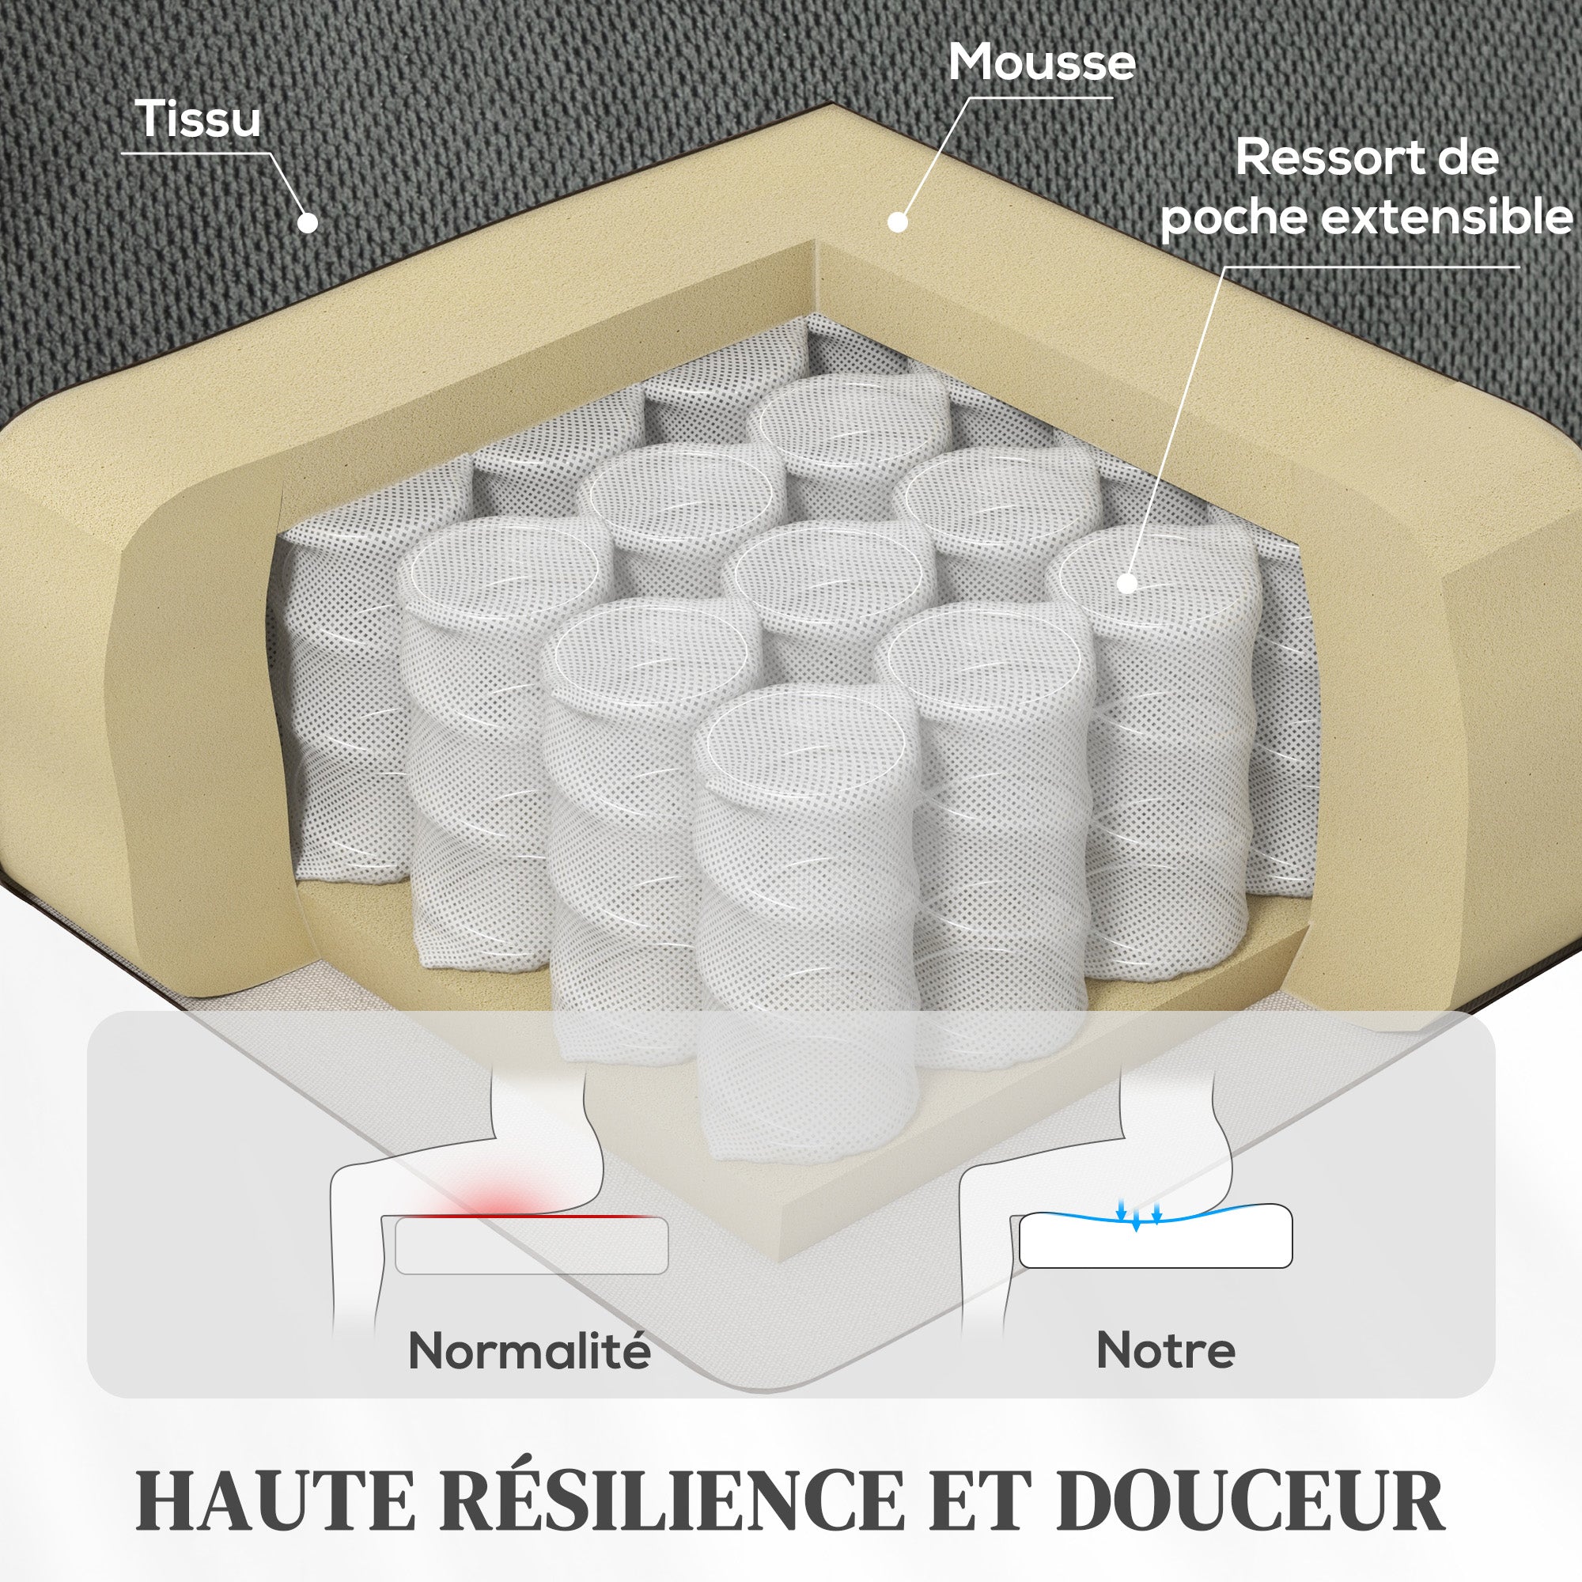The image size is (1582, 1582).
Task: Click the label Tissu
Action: click(x=199, y=119)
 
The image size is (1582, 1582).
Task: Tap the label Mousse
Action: click(x=1042, y=62)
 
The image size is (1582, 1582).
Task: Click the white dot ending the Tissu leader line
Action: click(x=308, y=222)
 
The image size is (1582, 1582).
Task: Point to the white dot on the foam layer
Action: click(x=899, y=222)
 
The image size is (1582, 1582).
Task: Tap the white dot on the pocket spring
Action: click(x=1127, y=583)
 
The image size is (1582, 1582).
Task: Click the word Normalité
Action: click(x=529, y=1351)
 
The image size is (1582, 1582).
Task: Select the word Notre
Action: click(x=1165, y=1350)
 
